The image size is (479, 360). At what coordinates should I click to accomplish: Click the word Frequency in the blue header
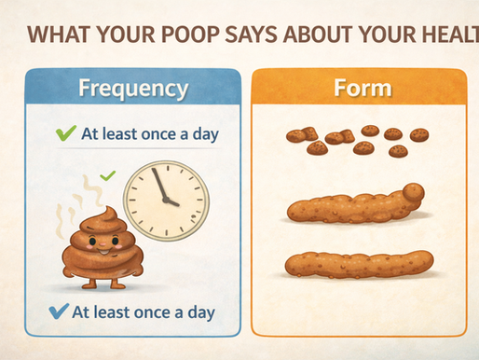[134, 90]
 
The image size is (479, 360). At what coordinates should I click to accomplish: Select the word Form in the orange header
[363, 90]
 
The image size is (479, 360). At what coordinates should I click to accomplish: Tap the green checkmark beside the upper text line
[64, 132]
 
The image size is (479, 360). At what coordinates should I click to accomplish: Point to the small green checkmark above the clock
[107, 175]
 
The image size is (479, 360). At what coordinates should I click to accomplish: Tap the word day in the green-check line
[201, 132]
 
